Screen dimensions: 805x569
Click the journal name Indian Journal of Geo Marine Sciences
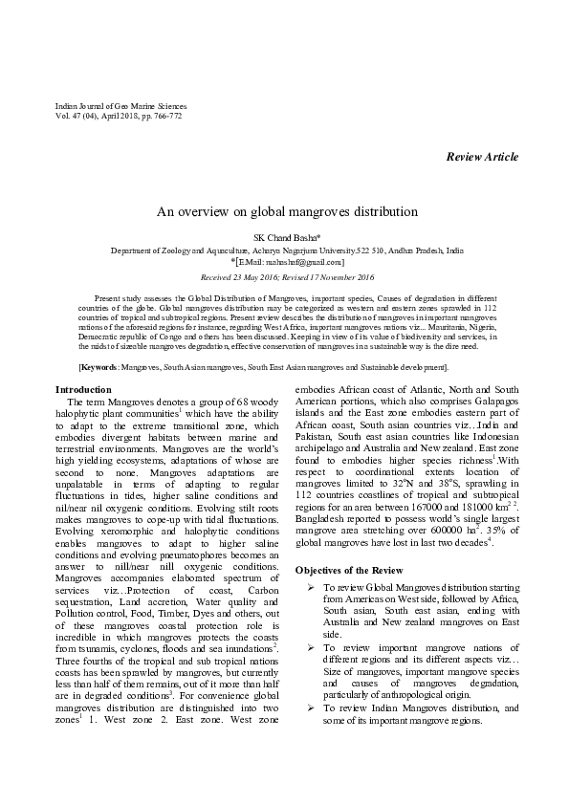coord(120,106)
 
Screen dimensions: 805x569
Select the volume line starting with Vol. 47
coord(119,116)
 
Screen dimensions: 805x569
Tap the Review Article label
coord(482,157)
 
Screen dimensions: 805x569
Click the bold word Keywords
coord(100,367)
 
